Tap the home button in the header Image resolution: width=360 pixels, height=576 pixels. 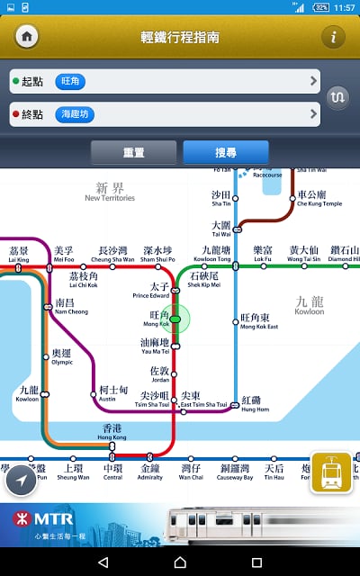click(27, 37)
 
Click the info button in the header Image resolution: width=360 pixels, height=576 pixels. click(333, 37)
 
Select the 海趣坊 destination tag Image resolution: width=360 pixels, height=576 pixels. click(75, 114)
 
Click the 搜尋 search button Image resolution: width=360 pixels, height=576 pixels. click(225, 153)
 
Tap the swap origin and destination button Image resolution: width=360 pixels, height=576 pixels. click(337, 96)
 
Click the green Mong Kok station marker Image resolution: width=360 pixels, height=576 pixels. click(175, 319)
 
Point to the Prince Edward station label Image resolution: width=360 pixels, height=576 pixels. click(152, 290)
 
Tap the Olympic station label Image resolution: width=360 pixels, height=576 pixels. click(62, 357)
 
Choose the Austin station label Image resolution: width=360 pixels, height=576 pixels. click(113, 393)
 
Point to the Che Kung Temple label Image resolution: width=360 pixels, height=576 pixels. click(319, 198)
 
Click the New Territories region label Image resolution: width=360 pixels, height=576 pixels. click(110, 193)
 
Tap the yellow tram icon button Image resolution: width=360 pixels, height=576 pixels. click(330, 472)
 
